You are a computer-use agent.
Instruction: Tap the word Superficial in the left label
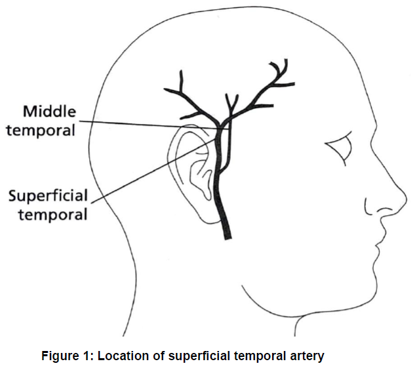[48, 196]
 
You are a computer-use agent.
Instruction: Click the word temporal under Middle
[41, 129]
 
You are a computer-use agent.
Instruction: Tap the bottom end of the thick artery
[227, 237]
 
